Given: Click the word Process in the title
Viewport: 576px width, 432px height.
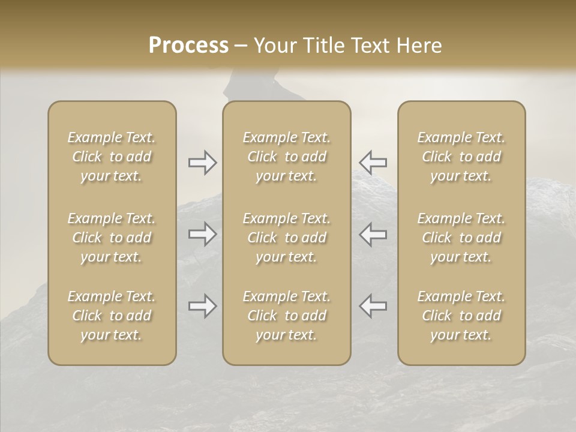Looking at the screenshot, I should [188, 45].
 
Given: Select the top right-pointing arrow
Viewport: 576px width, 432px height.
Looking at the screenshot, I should [202, 162].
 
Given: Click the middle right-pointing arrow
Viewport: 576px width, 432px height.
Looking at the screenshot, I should [202, 234].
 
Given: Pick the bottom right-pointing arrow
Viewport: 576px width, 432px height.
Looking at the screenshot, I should [202, 306].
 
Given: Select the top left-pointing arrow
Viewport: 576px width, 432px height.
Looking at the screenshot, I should [373, 162].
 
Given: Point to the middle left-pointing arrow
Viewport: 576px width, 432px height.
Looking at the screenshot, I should [373, 234].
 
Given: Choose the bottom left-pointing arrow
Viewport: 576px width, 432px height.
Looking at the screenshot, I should [373, 306].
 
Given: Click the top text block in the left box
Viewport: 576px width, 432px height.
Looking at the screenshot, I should [112, 157].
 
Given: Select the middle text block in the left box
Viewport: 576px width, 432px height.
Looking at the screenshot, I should [112, 238].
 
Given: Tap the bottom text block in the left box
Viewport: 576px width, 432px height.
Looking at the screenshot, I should [112, 316].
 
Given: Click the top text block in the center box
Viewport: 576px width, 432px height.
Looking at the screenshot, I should [287, 157].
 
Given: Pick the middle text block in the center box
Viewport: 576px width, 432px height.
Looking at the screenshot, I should [287, 238].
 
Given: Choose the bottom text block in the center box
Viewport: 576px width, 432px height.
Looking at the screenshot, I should [287, 316].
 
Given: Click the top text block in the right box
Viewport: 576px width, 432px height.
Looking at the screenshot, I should [461, 157].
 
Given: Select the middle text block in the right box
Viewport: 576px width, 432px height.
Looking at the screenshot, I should [461, 238].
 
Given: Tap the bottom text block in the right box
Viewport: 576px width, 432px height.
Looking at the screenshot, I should [461, 316].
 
